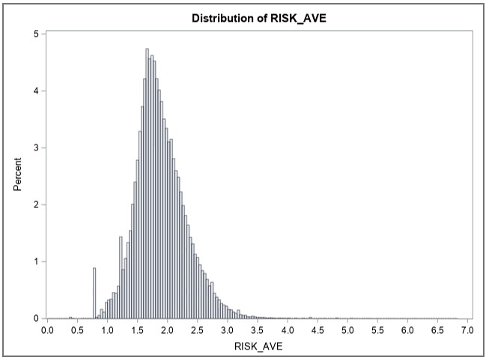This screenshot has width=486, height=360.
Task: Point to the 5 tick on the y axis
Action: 37,34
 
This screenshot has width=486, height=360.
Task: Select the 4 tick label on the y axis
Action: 37,91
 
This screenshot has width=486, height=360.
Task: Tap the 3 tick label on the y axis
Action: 37,147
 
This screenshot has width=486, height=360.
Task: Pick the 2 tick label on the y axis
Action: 37,204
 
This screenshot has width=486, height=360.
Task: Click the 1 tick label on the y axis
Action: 37,261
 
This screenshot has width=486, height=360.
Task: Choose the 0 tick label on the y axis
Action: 37,318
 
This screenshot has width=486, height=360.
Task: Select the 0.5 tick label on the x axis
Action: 77,329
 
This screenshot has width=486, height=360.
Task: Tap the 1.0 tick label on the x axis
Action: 107,329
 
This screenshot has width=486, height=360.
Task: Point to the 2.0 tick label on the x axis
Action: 167,329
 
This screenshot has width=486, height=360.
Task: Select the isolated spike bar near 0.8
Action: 94,293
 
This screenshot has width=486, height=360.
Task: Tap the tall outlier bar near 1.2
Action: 121,278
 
